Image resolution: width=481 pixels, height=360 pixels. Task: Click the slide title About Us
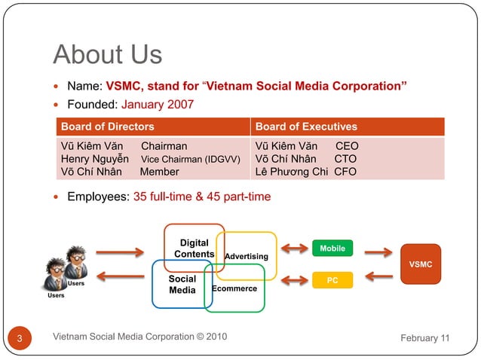pyautogui.click(x=107, y=54)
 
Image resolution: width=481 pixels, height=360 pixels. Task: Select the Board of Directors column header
pyautogui.click(x=107, y=127)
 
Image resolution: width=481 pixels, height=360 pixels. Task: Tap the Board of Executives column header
pyautogui.click(x=306, y=127)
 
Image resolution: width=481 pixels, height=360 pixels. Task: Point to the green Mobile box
pyautogui.click(x=332, y=248)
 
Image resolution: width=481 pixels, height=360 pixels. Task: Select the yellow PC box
pyautogui.click(x=332, y=280)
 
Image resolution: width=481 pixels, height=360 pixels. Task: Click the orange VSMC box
pyautogui.click(x=420, y=264)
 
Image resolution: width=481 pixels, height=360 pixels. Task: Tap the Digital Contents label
pyautogui.click(x=194, y=249)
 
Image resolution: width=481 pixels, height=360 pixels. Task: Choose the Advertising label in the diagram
pyautogui.click(x=246, y=257)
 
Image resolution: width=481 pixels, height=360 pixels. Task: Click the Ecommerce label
pyautogui.click(x=234, y=288)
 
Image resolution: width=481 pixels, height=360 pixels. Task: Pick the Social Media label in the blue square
pyautogui.click(x=182, y=284)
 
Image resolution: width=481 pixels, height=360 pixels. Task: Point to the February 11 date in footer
pyautogui.click(x=424, y=337)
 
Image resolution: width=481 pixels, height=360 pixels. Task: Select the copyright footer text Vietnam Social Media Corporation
pyautogui.click(x=140, y=336)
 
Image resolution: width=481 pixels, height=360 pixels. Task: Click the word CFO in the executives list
pyautogui.click(x=345, y=172)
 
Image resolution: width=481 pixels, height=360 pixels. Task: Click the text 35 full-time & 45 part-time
pyautogui.click(x=202, y=197)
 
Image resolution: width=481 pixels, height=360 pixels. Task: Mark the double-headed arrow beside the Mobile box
pyautogui.click(x=294, y=248)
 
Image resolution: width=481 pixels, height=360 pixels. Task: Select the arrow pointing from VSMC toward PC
pyautogui.click(x=379, y=276)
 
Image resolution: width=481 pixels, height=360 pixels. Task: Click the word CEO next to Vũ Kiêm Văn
pyautogui.click(x=347, y=146)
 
